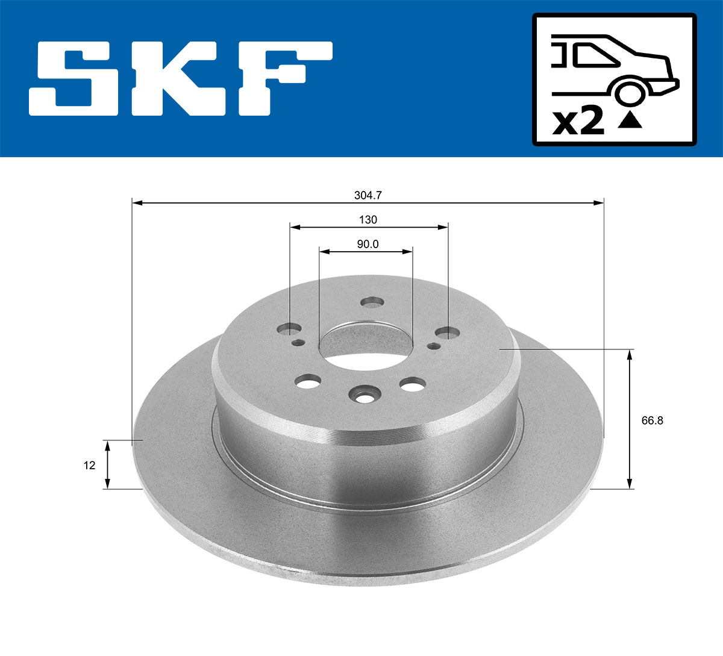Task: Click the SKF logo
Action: click(181, 78)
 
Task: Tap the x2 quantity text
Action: click(579, 121)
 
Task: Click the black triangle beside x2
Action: click(630, 120)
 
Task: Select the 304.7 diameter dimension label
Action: click(368, 195)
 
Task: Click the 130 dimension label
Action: click(368, 220)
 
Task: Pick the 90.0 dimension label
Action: click(368, 244)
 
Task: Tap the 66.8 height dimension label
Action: click(652, 420)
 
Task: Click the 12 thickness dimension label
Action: click(90, 465)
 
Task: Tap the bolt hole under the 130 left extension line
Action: click(290, 330)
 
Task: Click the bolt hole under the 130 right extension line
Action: click(447, 333)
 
